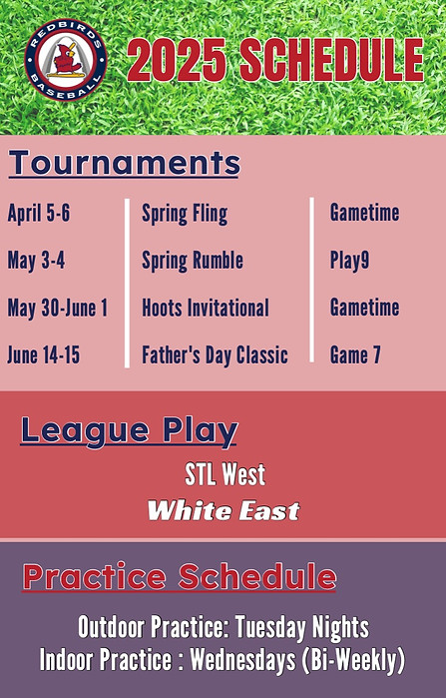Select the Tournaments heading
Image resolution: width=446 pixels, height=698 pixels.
click(x=125, y=163)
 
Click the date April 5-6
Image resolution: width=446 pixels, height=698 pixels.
click(x=38, y=214)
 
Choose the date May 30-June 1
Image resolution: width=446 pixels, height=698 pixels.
click(x=57, y=308)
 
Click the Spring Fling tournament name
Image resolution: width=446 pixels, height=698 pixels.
click(x=185, y=214)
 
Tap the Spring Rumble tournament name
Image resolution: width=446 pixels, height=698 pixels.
click(x=193, y=261)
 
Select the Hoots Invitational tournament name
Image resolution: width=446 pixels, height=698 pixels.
click(x=206, y=308)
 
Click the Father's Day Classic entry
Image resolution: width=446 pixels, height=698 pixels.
click(x=215, y=354)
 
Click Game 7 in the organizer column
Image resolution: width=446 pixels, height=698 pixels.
click(x=355, y=354)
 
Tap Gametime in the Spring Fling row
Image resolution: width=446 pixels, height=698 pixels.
click(x=364, y=214)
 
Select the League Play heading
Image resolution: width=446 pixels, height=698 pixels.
click(x=129, y=431)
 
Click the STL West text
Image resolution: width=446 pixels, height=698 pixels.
click(x=223, y=474)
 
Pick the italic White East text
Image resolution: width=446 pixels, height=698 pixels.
click(x=223, y=511)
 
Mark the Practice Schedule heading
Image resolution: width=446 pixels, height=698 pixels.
click(x=180, y=577)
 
